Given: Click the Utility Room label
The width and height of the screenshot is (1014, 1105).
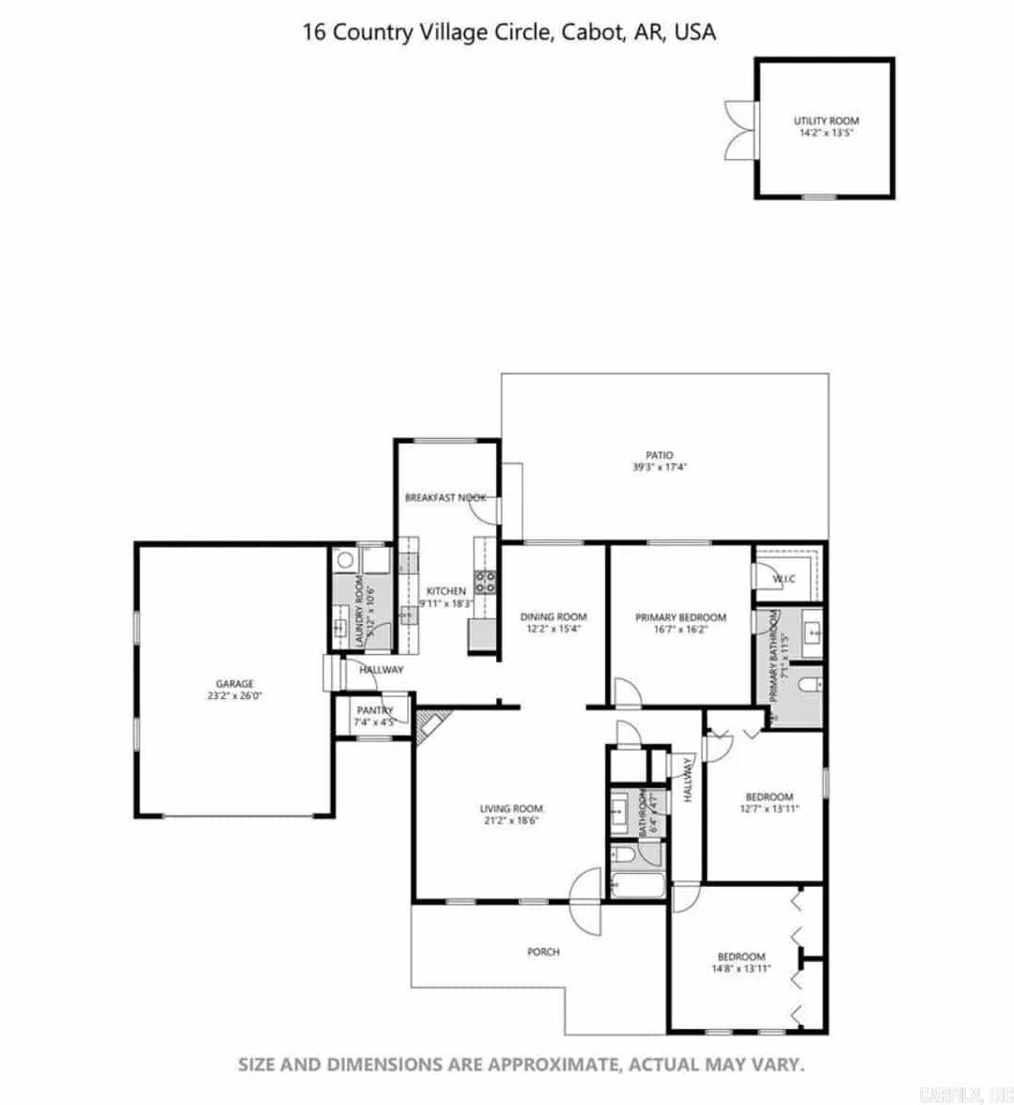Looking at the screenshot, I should [x=826, y=120].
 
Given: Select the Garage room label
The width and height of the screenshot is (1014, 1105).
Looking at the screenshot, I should [x=234, y=684].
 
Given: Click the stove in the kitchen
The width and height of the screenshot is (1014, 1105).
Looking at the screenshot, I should [x=485, y=581].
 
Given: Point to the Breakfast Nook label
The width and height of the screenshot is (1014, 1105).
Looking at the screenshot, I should [x=445, y=497].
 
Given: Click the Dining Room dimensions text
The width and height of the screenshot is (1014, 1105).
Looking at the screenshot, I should [x=553, y=630].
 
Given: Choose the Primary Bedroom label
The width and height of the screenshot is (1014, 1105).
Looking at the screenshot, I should [x=680, y=617].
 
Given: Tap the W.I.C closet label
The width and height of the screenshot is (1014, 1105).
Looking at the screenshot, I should [x=785, y=579].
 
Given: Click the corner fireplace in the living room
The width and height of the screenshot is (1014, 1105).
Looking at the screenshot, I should [x=431, y=724].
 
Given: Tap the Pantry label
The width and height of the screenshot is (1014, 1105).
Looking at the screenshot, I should [x=374, y=710].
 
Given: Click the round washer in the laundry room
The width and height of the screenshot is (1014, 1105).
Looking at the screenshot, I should [x=345, y=561].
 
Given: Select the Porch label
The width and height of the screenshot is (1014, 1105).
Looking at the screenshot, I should [x=543, y=952].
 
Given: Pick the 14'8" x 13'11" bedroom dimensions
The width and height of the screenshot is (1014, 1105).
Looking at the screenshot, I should [x=741, y=969].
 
